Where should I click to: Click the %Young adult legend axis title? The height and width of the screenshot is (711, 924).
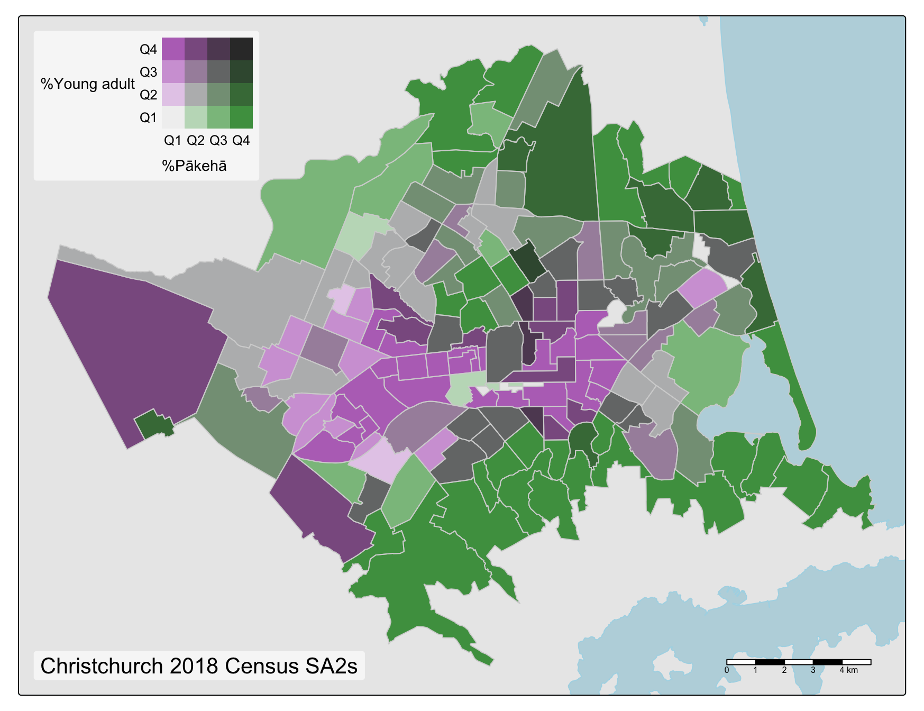(x=88, y=84)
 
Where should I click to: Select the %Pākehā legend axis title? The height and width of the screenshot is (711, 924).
(x=195, y=166)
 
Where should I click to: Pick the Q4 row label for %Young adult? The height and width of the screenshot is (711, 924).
(x=148, y=50)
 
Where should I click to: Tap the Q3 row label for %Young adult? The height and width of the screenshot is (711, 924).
(x=148, y=72)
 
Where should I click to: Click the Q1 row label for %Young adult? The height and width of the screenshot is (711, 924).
(x=148, y=117)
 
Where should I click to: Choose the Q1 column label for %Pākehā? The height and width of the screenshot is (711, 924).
(x=172, y=141)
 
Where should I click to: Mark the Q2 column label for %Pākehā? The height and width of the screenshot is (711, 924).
(x=195, y=141)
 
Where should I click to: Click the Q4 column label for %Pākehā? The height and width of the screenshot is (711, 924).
(x=241, y=141)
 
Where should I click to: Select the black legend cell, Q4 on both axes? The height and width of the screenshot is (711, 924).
(x=241, y=49)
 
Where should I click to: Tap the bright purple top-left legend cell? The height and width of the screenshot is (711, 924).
(x=173, y=49)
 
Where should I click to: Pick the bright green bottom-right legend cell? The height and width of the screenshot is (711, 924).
(x=241, y=117)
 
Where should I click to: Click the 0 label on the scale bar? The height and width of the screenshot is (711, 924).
(x=727, y=670)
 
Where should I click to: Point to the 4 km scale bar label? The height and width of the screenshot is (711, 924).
(x=848, y=670)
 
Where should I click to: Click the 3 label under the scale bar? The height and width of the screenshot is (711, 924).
(x=813, y=670)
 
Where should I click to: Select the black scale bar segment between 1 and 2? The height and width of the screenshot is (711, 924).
(x=770, y=662)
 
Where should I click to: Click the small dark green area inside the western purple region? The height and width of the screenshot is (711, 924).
(x=154, y=424)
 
